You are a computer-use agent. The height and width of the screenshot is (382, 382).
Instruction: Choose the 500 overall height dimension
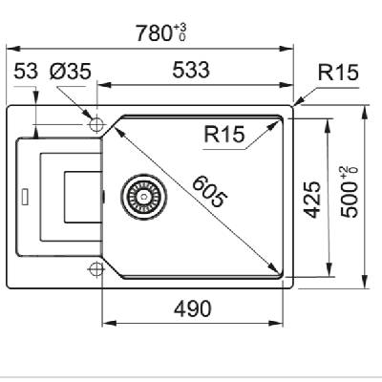[350, 201]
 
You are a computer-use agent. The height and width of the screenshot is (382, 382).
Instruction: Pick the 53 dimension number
[27, 71]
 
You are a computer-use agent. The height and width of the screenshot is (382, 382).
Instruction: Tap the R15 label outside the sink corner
[338, 71]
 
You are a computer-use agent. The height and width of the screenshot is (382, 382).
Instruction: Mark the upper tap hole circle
[95, 124]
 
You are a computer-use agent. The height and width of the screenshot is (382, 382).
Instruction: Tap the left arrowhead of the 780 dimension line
[11, 46]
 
